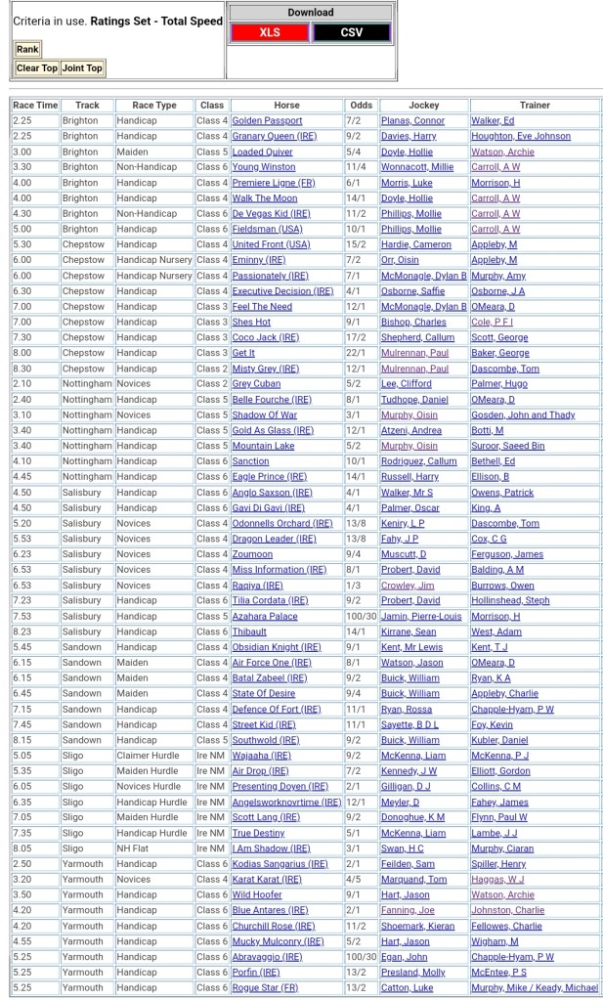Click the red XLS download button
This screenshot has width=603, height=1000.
[x=269, y=32]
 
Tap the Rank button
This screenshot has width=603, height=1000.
[x=27, y=49]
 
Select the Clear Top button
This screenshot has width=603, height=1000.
[x=36, y=68]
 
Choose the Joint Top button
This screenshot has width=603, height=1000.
[x=82, y=68]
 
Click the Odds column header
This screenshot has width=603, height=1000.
[x=361, y=105]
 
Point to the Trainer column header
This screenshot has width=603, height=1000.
[x=535, y=105]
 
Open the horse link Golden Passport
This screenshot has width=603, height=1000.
[x=267, y=120]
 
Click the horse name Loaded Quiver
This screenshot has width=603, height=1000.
[x=262, y=152]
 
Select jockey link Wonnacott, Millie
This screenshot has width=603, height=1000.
[x=416, y=167]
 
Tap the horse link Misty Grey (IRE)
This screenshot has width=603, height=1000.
[x=266, y=369]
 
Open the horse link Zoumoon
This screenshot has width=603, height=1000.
[x=252, y=554]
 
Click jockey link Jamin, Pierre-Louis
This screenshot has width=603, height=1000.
[x=421, y=616]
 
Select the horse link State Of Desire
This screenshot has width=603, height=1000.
[x=264, y=693]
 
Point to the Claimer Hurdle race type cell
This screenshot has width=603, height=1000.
[x=147, y=756]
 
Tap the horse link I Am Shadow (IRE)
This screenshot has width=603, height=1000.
[x=271, y=848]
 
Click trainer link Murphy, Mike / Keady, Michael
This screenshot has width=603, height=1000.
[x=534, y=987]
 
